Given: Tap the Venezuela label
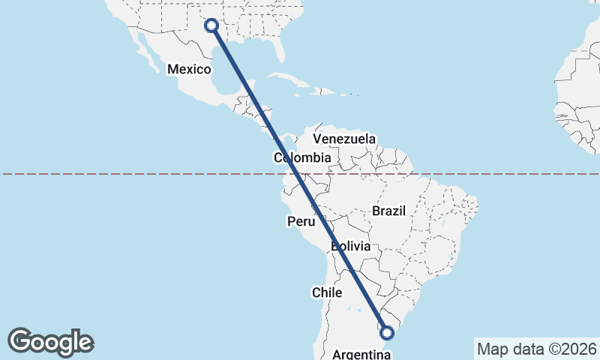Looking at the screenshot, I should [x=344, y=139].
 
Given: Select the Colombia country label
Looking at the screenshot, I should [x=301, y=158].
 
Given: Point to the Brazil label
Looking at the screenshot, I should [x=388, y=211].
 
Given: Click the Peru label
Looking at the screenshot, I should [x=301, y=222].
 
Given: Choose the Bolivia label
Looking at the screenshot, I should [x=350, y=246].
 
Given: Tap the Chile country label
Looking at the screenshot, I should [x=327, y=292].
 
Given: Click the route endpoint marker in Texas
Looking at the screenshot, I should [x=211, y=25].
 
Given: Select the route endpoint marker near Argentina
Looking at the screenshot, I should [x=387, y=332].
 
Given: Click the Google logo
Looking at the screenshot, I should [x=51, y=342].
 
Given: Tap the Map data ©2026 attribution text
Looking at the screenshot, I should [x=537, y=349].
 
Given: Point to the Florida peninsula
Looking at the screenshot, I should [x=280, y=46].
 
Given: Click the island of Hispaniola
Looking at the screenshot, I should [x=323, y=91].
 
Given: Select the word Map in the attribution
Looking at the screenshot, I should [x=493, y=349].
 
